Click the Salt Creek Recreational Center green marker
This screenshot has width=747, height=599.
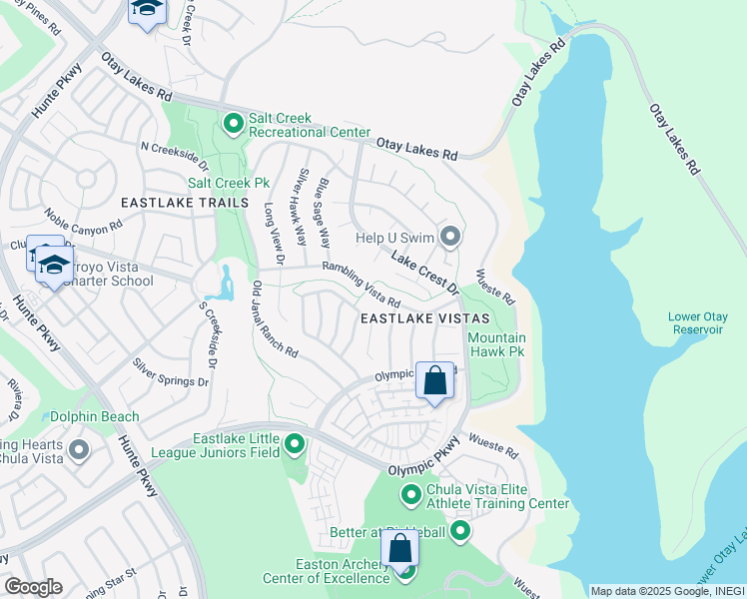[x=234, y=124]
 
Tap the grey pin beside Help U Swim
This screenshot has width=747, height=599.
[x=450, y=238]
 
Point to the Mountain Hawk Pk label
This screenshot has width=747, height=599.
[x=496, y=345]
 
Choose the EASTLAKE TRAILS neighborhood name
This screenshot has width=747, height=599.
[x=184, y=203]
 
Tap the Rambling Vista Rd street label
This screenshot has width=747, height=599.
[x=361, y=285]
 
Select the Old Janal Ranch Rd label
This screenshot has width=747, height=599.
[x=275, y=318]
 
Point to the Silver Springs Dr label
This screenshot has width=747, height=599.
[x=172, y=372]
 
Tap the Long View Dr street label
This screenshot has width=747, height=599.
[x=274, y=234]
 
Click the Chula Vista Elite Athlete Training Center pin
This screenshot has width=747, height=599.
[x=410, y=495]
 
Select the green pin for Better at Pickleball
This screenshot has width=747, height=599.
[x=460, y=531]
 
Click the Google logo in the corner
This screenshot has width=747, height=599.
[x=33, y=587]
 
